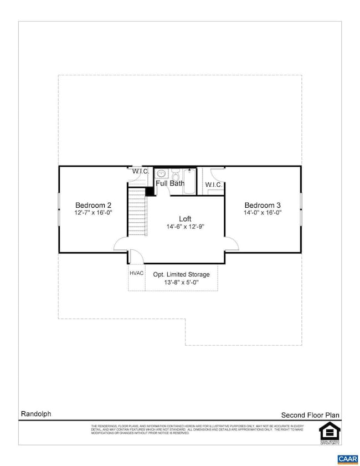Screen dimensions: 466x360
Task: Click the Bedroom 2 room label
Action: tap(94, 204)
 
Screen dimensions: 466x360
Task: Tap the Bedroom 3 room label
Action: tap(263, 204)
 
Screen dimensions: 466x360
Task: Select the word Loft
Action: tap(186, 218)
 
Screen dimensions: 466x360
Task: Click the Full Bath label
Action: tap(169, 183)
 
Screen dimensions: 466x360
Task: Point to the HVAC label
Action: tap(136, 274)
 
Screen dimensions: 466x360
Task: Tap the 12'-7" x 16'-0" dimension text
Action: tap(94, 212)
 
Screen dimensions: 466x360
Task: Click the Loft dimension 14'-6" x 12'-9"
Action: tap(186, 227)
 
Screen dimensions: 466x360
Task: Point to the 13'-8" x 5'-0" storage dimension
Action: tap(181, 283)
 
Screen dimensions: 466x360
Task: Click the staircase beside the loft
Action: tap(137, 217)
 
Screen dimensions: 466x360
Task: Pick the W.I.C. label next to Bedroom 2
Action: tap(140, 171)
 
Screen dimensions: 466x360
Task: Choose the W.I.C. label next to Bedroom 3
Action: tap(213, 184)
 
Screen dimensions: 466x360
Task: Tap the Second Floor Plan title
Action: tap(310, 414)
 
